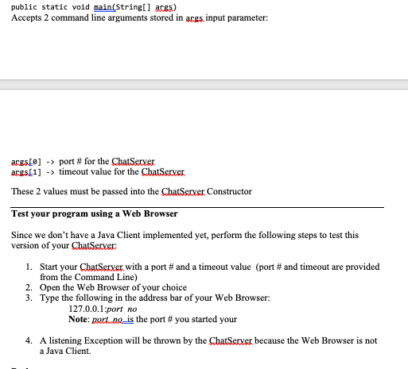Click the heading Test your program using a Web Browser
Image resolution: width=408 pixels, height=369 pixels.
(x=95, y=213)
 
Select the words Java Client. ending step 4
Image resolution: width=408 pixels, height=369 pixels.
(x=67, y=350)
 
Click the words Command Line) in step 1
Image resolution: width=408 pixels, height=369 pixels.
(x=91, y=277)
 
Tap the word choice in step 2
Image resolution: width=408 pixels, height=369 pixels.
(x=173, y=287)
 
